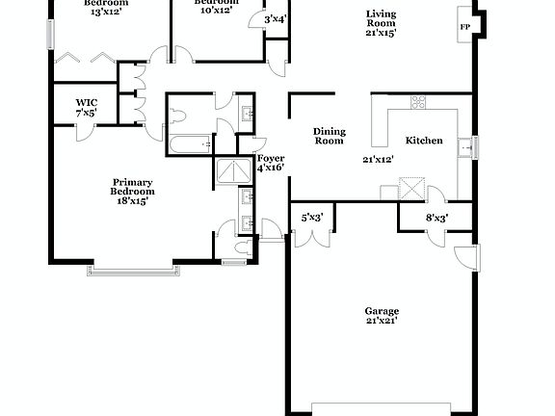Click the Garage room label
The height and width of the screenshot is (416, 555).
pyautogui.click(x=382, y=311)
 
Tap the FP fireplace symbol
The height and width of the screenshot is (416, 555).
pyautogui.click(x=464, y=27)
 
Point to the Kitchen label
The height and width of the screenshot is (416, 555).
pyautogui.click(x=424, y=141)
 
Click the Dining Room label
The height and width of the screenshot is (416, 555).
pyautogui.click(x=330, y=136)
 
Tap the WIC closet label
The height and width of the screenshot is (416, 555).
pyautogui.click(x=86, y=101)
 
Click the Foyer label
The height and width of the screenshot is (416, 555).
pyautogui.click(x=270, y=157)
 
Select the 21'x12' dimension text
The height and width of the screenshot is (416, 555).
pyautogui.click(x=380, y=160)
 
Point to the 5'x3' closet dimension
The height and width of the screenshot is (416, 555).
pyautogui.click(x=311, y=218)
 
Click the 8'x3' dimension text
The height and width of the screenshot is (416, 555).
pyautogui.click(x=436, y=218)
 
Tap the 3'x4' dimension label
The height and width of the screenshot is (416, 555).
pyautogui.click(x=275, y=18)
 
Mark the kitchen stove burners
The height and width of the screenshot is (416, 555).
pyautogui.click(x=419, y=101)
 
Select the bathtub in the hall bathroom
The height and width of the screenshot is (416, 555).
pyautogui.click(x=190, y=145)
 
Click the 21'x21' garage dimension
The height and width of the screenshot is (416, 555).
pyautogui.click(x=382, y=321)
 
